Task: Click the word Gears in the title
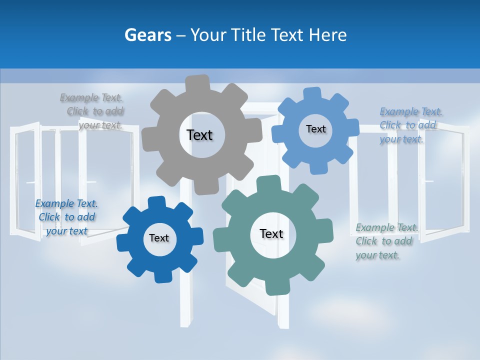tap(148, 35)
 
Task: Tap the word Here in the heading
tap(327, 35)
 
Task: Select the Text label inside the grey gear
tap(199, 135)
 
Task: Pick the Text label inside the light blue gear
tap(315, 129)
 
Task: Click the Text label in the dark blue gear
tap(159, 238)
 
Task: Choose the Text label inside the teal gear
tap(271, 233)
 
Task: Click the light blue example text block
tap(409, 125)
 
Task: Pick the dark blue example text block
tap(66, 217)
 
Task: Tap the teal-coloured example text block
tap(385, 241)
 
